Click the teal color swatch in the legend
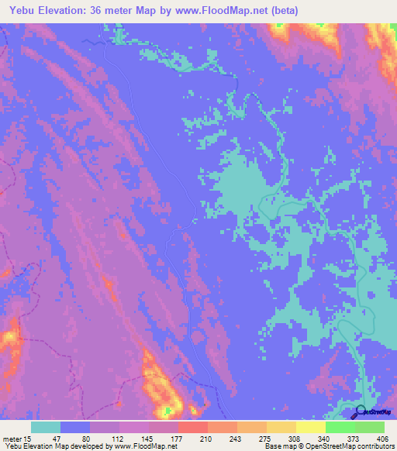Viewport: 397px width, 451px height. [46, 427]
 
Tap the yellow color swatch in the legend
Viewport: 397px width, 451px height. [310, 427]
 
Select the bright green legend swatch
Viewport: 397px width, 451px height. [340, 427]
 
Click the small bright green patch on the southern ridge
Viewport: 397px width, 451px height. [165, 408]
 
